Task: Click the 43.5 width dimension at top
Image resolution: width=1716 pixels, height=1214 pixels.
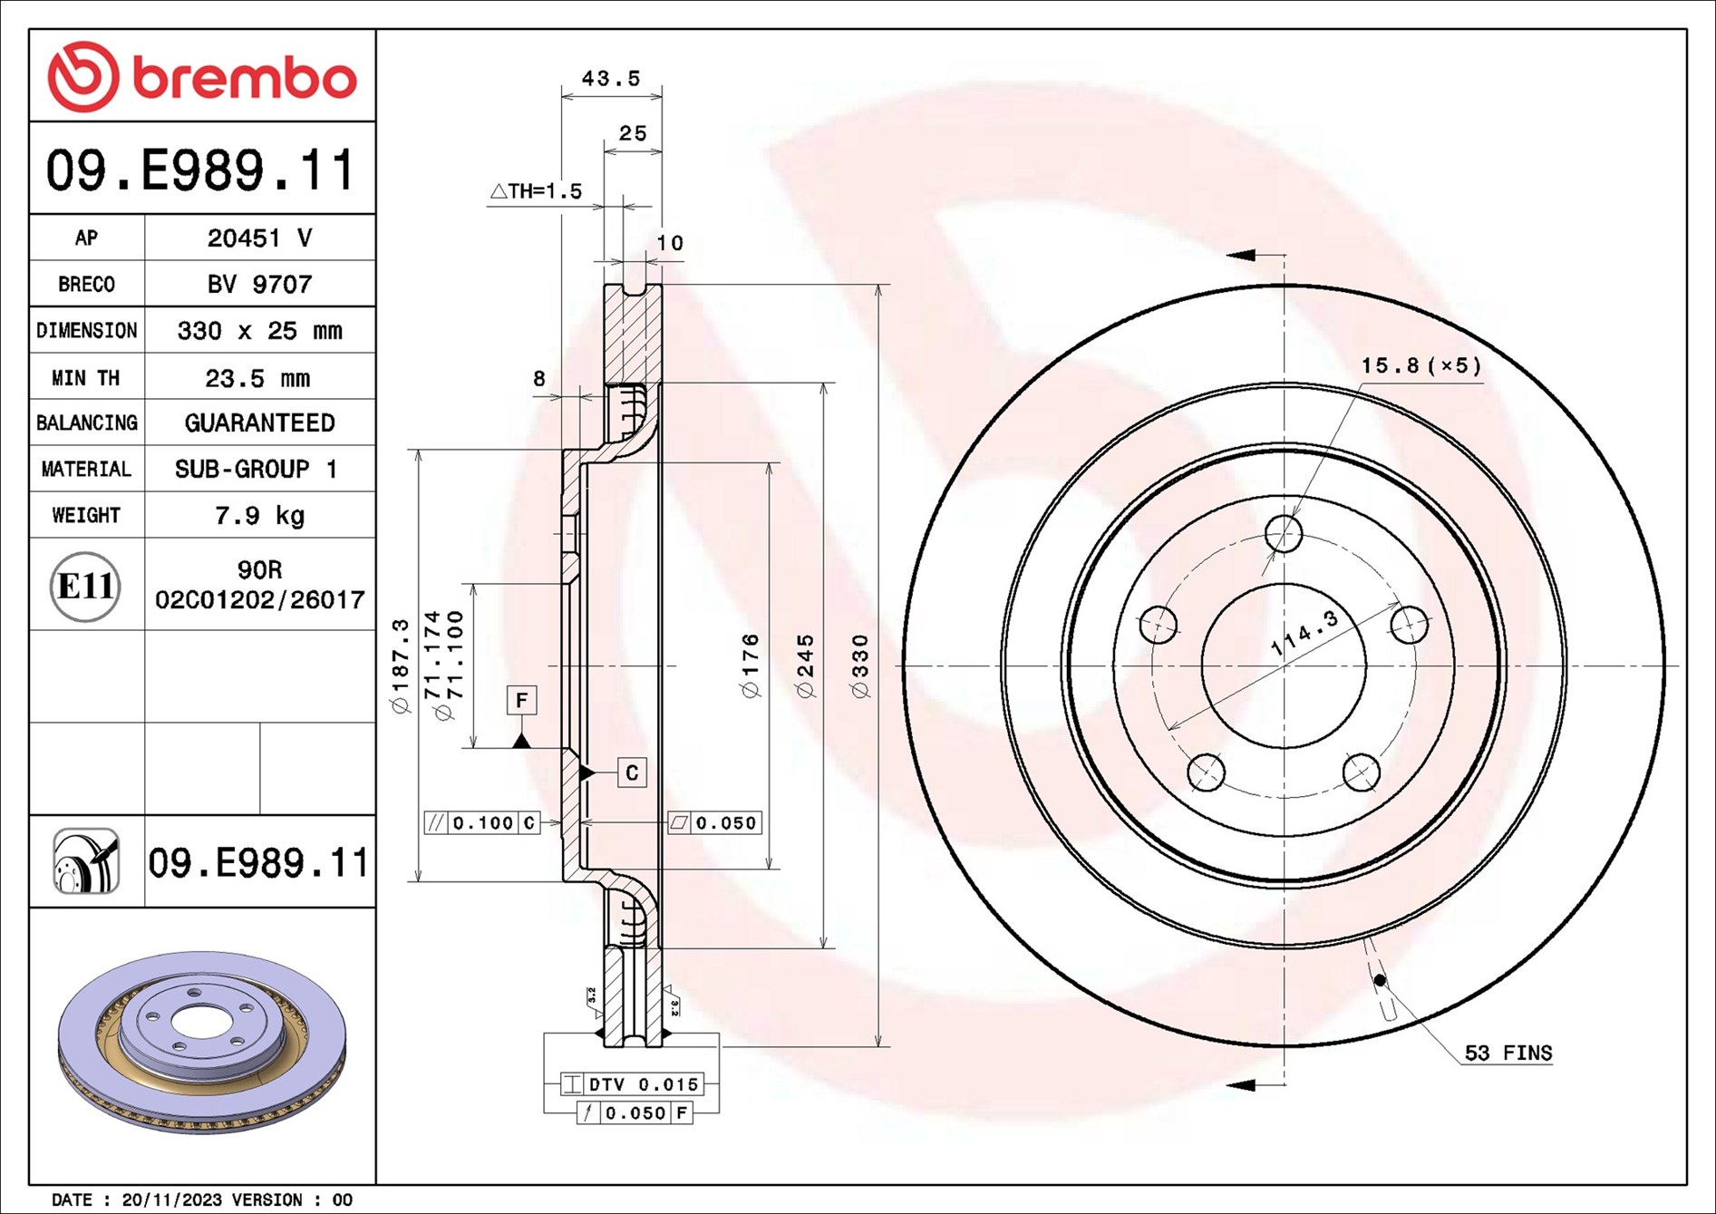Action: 610,79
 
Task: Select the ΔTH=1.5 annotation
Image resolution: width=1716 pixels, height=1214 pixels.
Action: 536,191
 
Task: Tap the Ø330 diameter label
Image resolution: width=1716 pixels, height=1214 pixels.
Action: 860,666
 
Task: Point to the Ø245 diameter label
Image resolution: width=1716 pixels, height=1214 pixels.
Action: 805,666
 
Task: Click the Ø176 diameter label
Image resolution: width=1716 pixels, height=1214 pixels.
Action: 750,666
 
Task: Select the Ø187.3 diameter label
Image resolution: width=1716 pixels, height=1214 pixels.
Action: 400,666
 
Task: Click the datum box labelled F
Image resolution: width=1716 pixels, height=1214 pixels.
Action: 521,700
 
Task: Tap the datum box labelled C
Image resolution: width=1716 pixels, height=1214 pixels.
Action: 632,772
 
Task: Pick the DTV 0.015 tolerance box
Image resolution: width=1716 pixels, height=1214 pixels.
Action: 633,1084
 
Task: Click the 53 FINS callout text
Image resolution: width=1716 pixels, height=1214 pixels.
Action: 1508,1053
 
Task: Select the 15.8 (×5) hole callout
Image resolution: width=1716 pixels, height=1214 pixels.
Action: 1420,365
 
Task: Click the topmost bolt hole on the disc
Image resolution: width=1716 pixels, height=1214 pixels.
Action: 1284,534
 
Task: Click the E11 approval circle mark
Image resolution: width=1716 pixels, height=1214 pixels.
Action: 85,586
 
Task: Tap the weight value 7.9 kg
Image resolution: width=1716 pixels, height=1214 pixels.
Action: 259,515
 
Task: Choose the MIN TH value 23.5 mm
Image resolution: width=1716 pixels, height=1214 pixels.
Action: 257,377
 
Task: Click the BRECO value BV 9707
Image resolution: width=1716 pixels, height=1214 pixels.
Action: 259,284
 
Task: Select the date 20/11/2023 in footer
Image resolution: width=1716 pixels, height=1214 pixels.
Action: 171,1199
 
